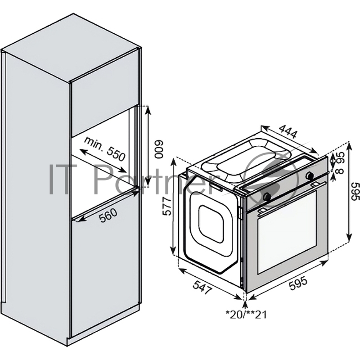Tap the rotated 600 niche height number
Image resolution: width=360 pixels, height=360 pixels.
click(158, 148)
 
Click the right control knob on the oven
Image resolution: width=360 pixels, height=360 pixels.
click(310, 175)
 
